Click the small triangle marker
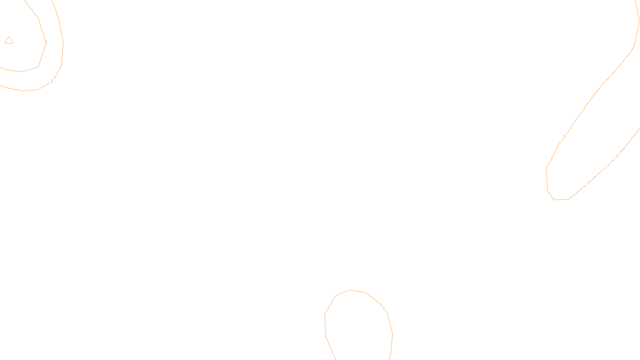coord(9,40)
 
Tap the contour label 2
coord(46,42)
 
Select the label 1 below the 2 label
coord(52,81)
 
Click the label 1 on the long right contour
coord(564,136)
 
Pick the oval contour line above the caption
coord(386,312)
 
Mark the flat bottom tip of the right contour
coord(561,199)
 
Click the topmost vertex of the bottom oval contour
coord(351,290)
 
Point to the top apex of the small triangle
coord(9,37)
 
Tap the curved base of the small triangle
coord(9,43)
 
